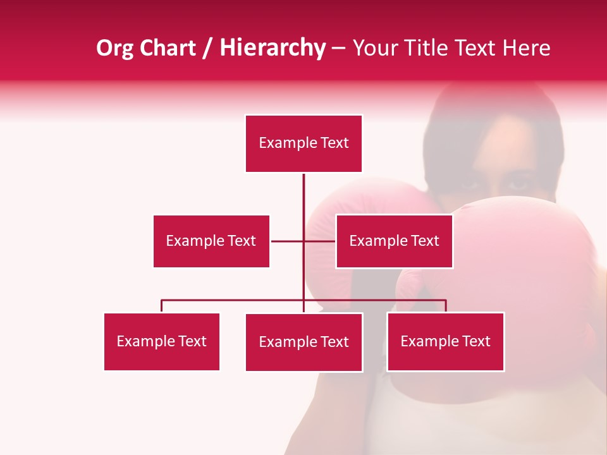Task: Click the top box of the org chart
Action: (x=303, y=143)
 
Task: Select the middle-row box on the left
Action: (x=211, y=241)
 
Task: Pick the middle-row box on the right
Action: (x=394, y=241)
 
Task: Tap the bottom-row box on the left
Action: (x=161, y=341)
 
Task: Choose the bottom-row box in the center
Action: (x=303, y=342)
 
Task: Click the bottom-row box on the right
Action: (x=445, y=341)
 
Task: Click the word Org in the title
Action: (x=114, y=48)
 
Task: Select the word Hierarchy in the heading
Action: (x=272, y=48)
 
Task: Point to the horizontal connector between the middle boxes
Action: (x=288, y=241)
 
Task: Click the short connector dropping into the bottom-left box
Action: (x=162, y=306)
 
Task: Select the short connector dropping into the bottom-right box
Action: (x=446, y=306)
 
